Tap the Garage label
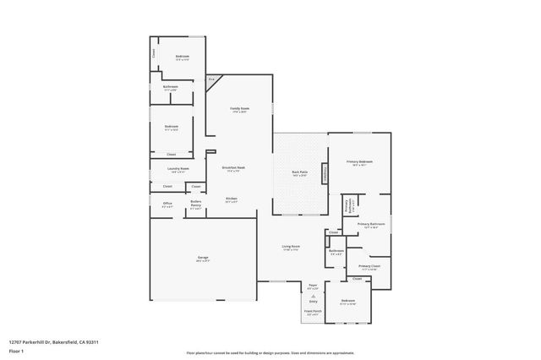(x=203, y=257)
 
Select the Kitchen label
(x=231, y=199)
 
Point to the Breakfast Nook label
(x=233, y=167)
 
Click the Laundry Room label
(x=178, y=168)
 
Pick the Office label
(x=167, y=204)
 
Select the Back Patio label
(x=299, y=172)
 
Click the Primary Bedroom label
(x=359, y=161)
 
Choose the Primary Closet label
(x=369, y=266)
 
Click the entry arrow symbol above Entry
(x=312, y=297)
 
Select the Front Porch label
(x=312, y=312)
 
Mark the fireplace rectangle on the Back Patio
(x=323, y=172)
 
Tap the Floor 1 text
(x=16, y=350)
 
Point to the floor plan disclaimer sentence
(x=270, y=352)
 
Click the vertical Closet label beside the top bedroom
(x=154, y=52)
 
